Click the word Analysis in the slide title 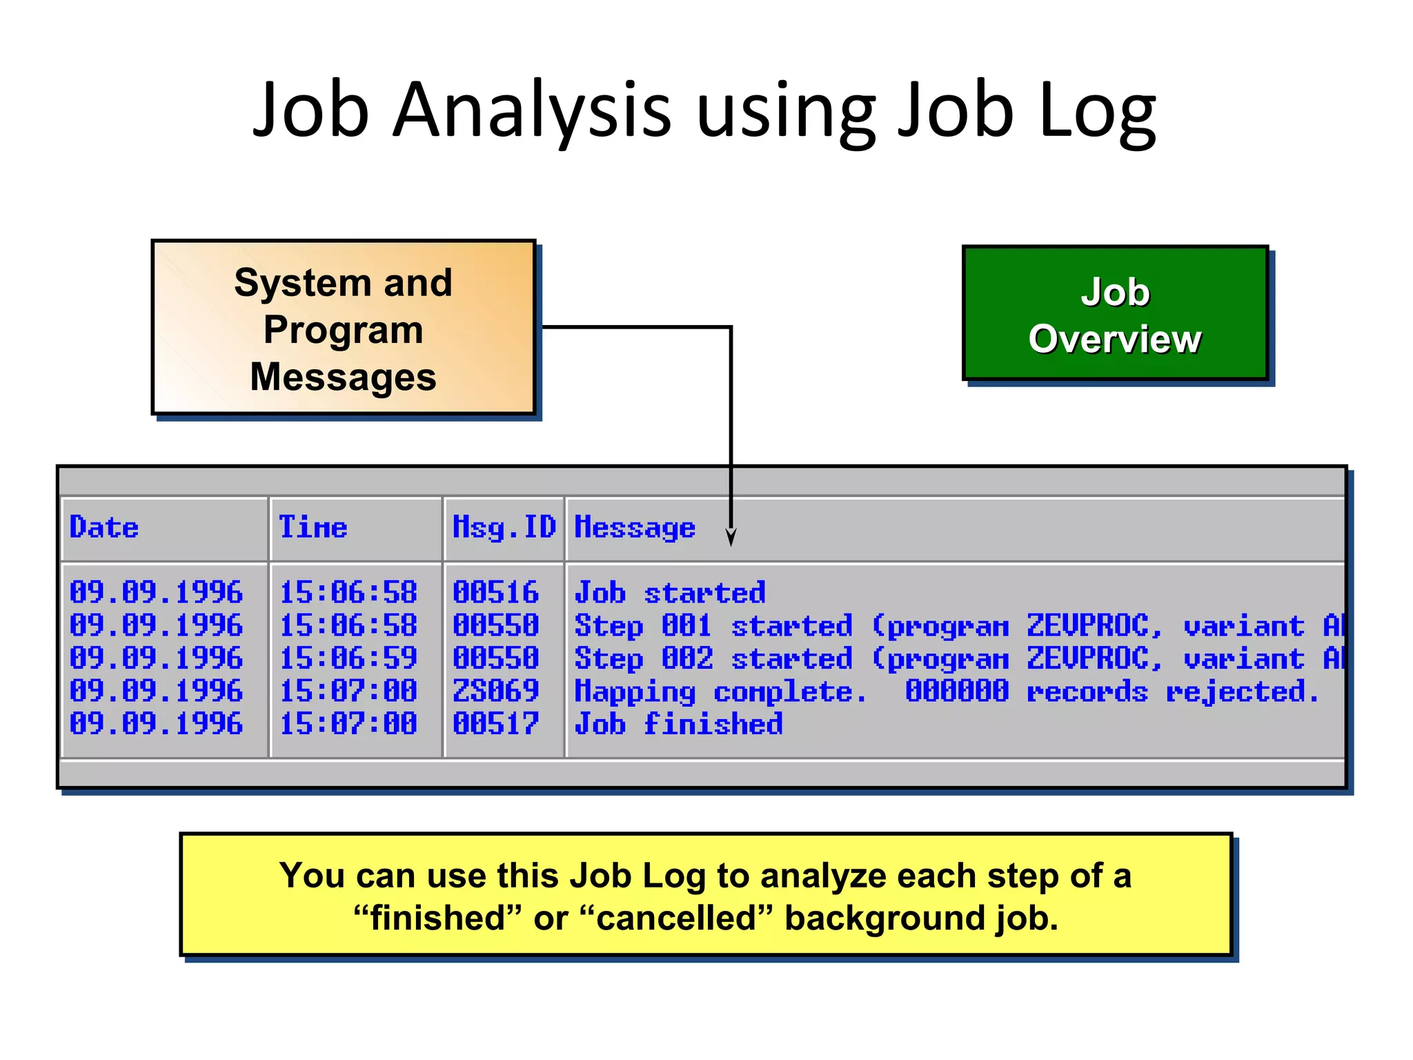pos(531,110)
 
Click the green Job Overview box pos(1115,315)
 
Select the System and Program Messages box pos(343,328)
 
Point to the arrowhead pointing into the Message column pos(731,538)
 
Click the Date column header pos(104,528)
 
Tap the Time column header pos(313,528)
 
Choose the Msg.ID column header pos(504,528)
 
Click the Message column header pos(635,528)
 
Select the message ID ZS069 pos(495,691)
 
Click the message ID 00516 pos(495,593)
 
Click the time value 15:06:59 pos(348,658)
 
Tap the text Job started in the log pos(670,593)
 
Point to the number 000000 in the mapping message pos(957,691)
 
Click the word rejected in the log pos(1242,691)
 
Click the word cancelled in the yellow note pos(676,919)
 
